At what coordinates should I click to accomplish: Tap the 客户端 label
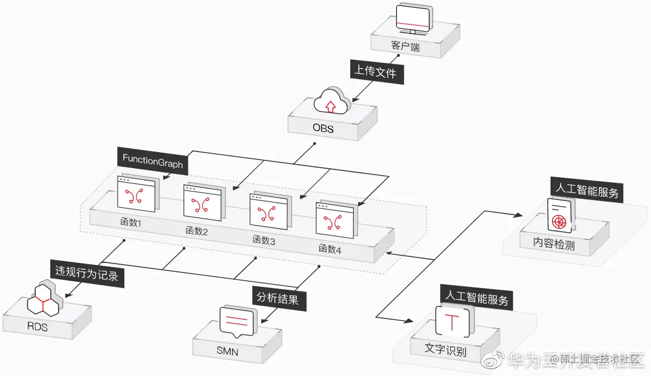pyautogui.click(x=406, y=47)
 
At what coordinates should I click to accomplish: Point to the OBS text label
pyautogui.click(x=323, y=129)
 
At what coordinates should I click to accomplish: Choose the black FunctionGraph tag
pyautogui.click(x=152, y=158)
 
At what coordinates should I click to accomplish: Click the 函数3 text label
pyautogui.click(x=264, y=240)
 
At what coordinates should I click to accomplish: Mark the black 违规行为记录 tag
pyautogui.click(x=86, y=273)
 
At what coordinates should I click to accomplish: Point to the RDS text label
pyautogui.click(x=37, y=326)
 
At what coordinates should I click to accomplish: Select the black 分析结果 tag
pyautogui.click(x=277, y=299)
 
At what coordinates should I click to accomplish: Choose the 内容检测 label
pyautogui.click(x=554, y=244)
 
